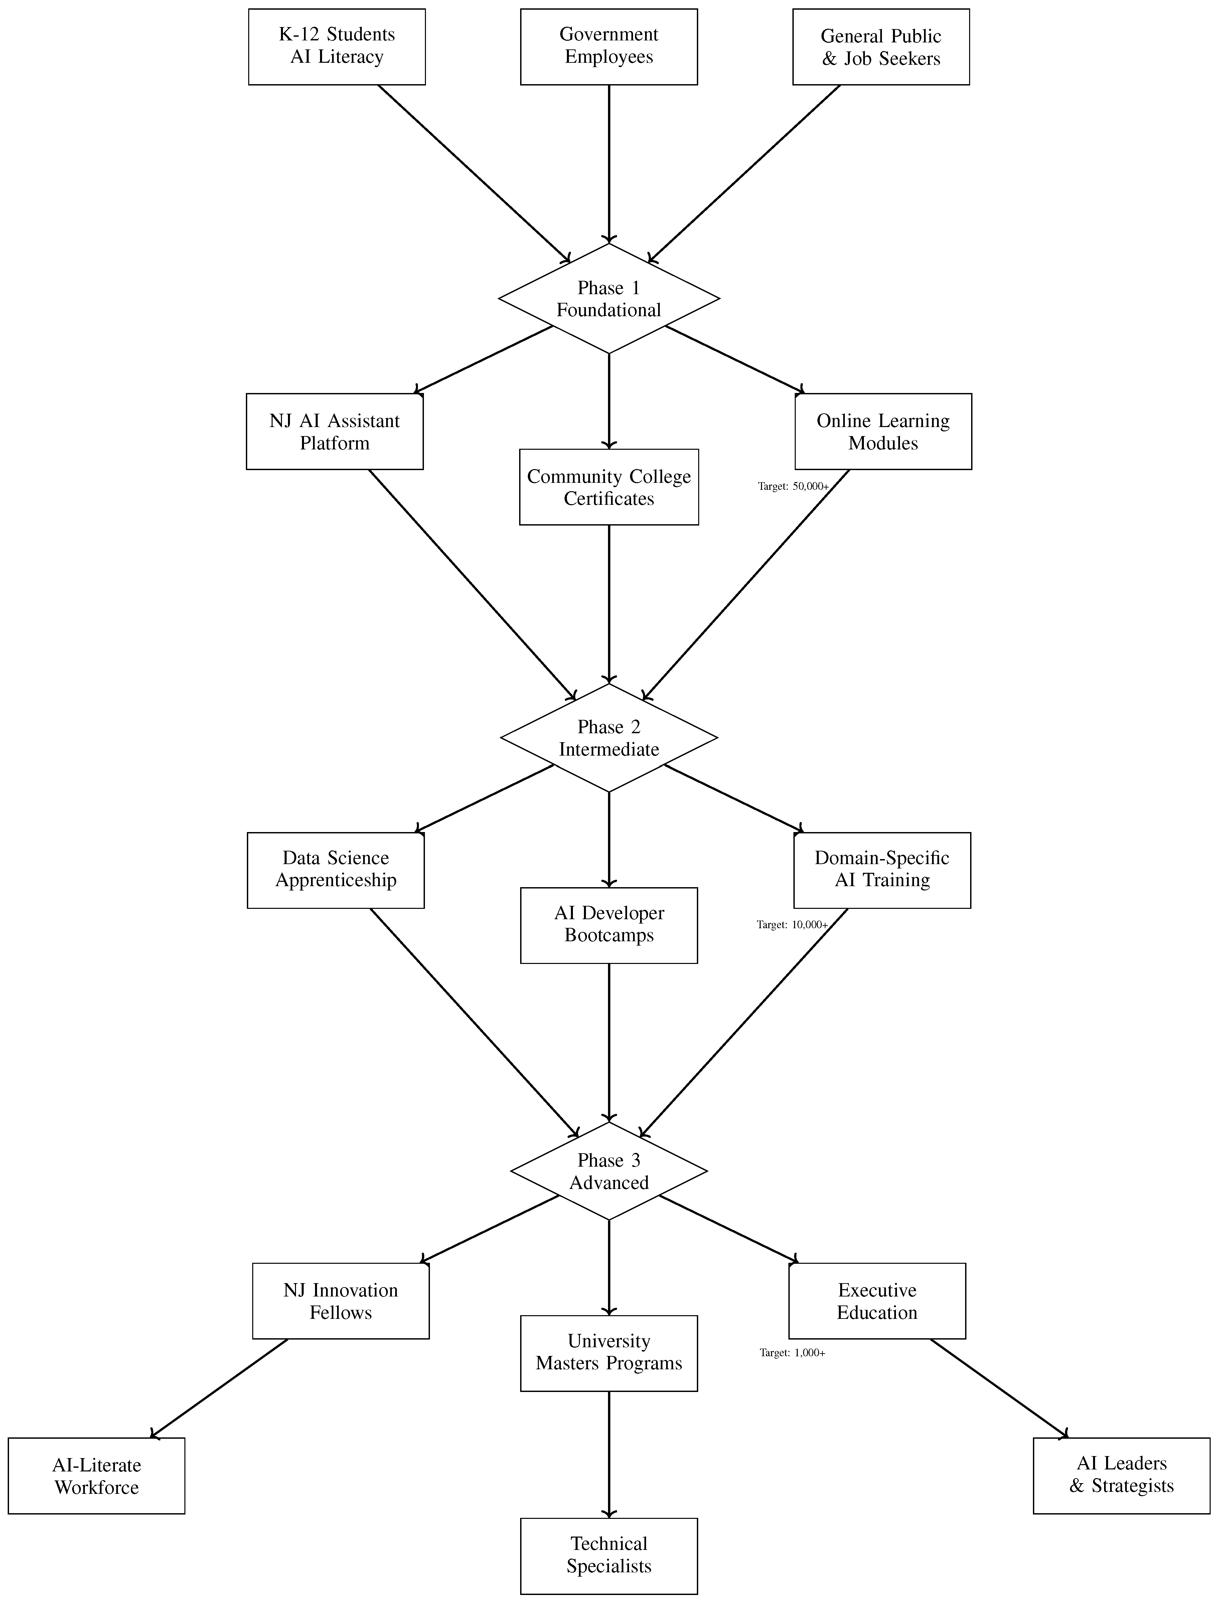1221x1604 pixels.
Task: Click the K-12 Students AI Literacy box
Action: click(336, 46)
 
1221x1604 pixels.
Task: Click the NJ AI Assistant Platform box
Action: click(334, 431)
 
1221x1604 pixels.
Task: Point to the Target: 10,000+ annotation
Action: click(791, 925)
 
